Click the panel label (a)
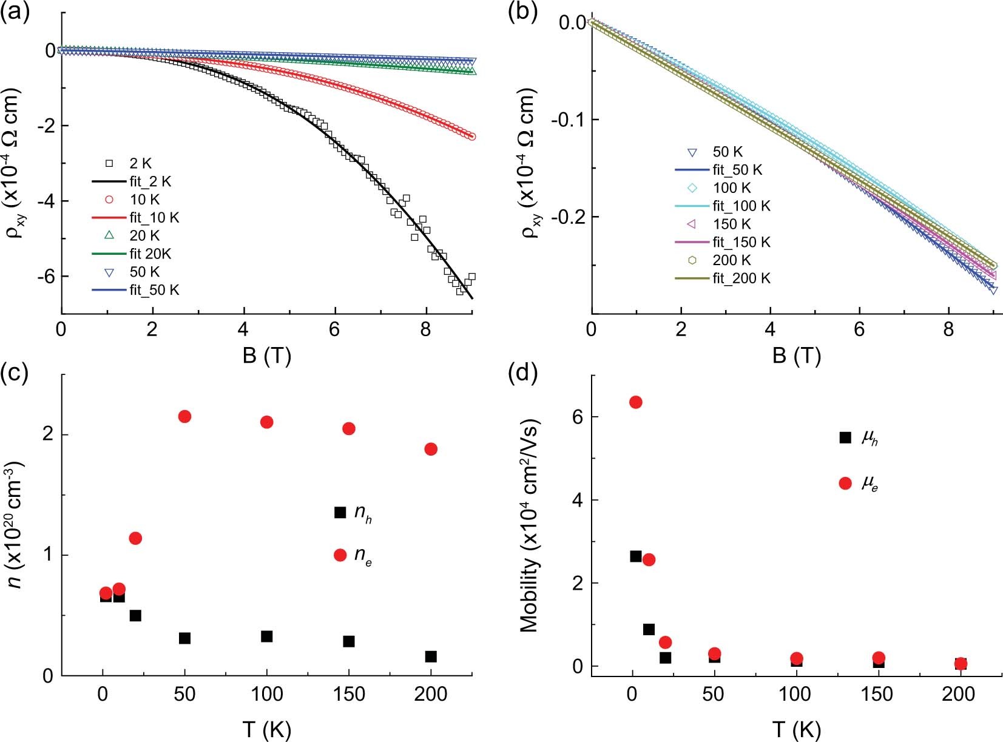15,12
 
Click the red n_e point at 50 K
185,416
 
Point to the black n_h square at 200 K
431,656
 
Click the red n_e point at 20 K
135,538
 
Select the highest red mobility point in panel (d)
635,402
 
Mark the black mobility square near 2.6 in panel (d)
635,556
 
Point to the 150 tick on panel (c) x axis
348,694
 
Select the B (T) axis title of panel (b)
796,356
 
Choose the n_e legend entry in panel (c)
355,555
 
